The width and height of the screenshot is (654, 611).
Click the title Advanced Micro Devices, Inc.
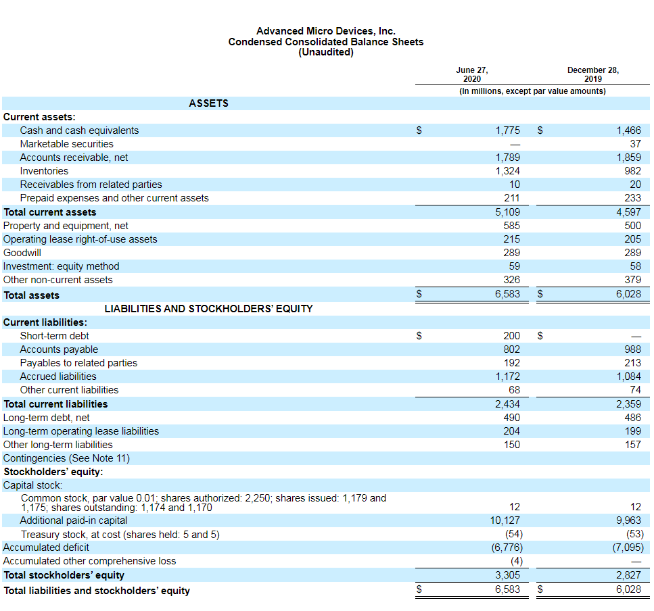[326, 31]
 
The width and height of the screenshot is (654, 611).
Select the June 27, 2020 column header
[472, 74]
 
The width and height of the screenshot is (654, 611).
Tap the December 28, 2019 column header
[592, 74]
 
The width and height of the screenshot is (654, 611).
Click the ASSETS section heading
[208, 103]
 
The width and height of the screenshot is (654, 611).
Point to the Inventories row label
[44, 171]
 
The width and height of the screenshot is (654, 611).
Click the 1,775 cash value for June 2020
[508, 130]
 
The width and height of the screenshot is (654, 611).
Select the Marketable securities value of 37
[635, 144]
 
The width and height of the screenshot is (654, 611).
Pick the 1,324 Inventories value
[508, 171]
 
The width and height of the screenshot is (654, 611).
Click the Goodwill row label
[22, 253]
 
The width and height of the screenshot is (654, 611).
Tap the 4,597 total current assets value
[629, 212]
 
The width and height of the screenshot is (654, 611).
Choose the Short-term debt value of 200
[512, 336]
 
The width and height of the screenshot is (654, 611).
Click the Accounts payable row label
[59, 349]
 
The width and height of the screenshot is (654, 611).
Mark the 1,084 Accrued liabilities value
[629, 376]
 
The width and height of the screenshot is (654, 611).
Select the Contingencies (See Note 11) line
[66, 458]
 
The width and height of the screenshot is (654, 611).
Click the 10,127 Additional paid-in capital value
[505, 520]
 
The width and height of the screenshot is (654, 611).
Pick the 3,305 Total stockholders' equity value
[508, 575]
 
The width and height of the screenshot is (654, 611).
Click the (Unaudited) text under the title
[326, 53]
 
